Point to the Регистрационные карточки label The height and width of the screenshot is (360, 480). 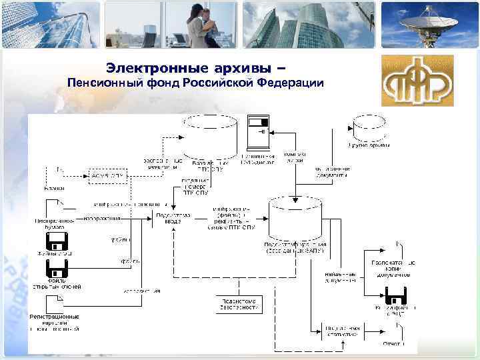pos(55,322)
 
